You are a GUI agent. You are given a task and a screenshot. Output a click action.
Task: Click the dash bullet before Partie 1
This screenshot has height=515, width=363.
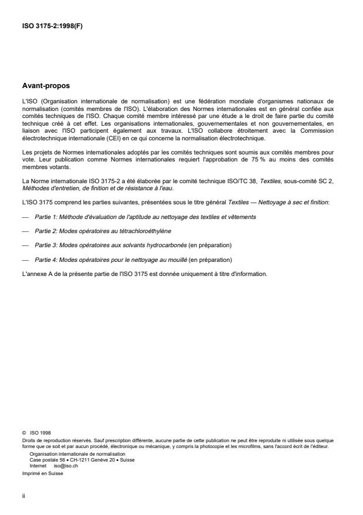(x=25, y=217)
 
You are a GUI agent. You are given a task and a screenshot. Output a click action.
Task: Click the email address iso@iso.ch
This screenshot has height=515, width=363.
(x=62, y=464)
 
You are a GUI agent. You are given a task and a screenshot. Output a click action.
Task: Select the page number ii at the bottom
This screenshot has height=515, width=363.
(x=22, y=494)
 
